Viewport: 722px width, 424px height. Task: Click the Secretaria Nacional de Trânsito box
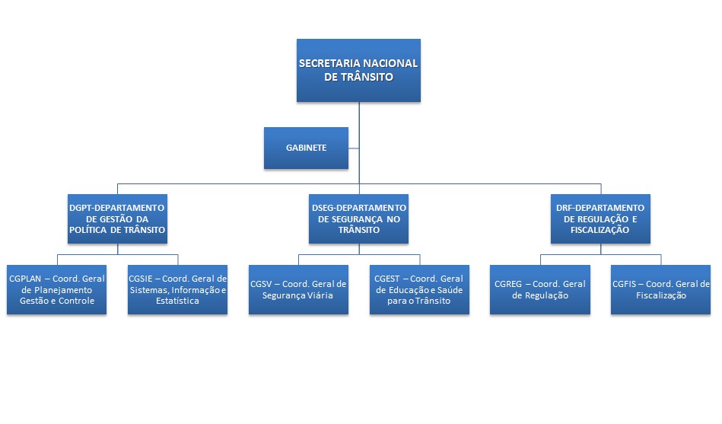[358, 70]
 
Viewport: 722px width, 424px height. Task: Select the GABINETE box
[307, 148]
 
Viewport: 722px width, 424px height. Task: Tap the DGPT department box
[117, 218]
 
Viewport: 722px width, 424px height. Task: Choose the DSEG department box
[359, 218]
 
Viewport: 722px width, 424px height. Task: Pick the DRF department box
[600, 218]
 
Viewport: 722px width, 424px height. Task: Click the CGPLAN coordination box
[57, 290]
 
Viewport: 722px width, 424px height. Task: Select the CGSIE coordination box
[177, 290]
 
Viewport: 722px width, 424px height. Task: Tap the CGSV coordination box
[298, 290]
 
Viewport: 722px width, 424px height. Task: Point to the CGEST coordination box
[418, 290]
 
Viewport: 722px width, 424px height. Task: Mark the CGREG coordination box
[539, 290]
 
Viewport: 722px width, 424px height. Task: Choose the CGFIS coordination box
[660, 290]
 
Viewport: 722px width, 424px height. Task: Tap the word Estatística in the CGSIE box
[177, 301]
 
